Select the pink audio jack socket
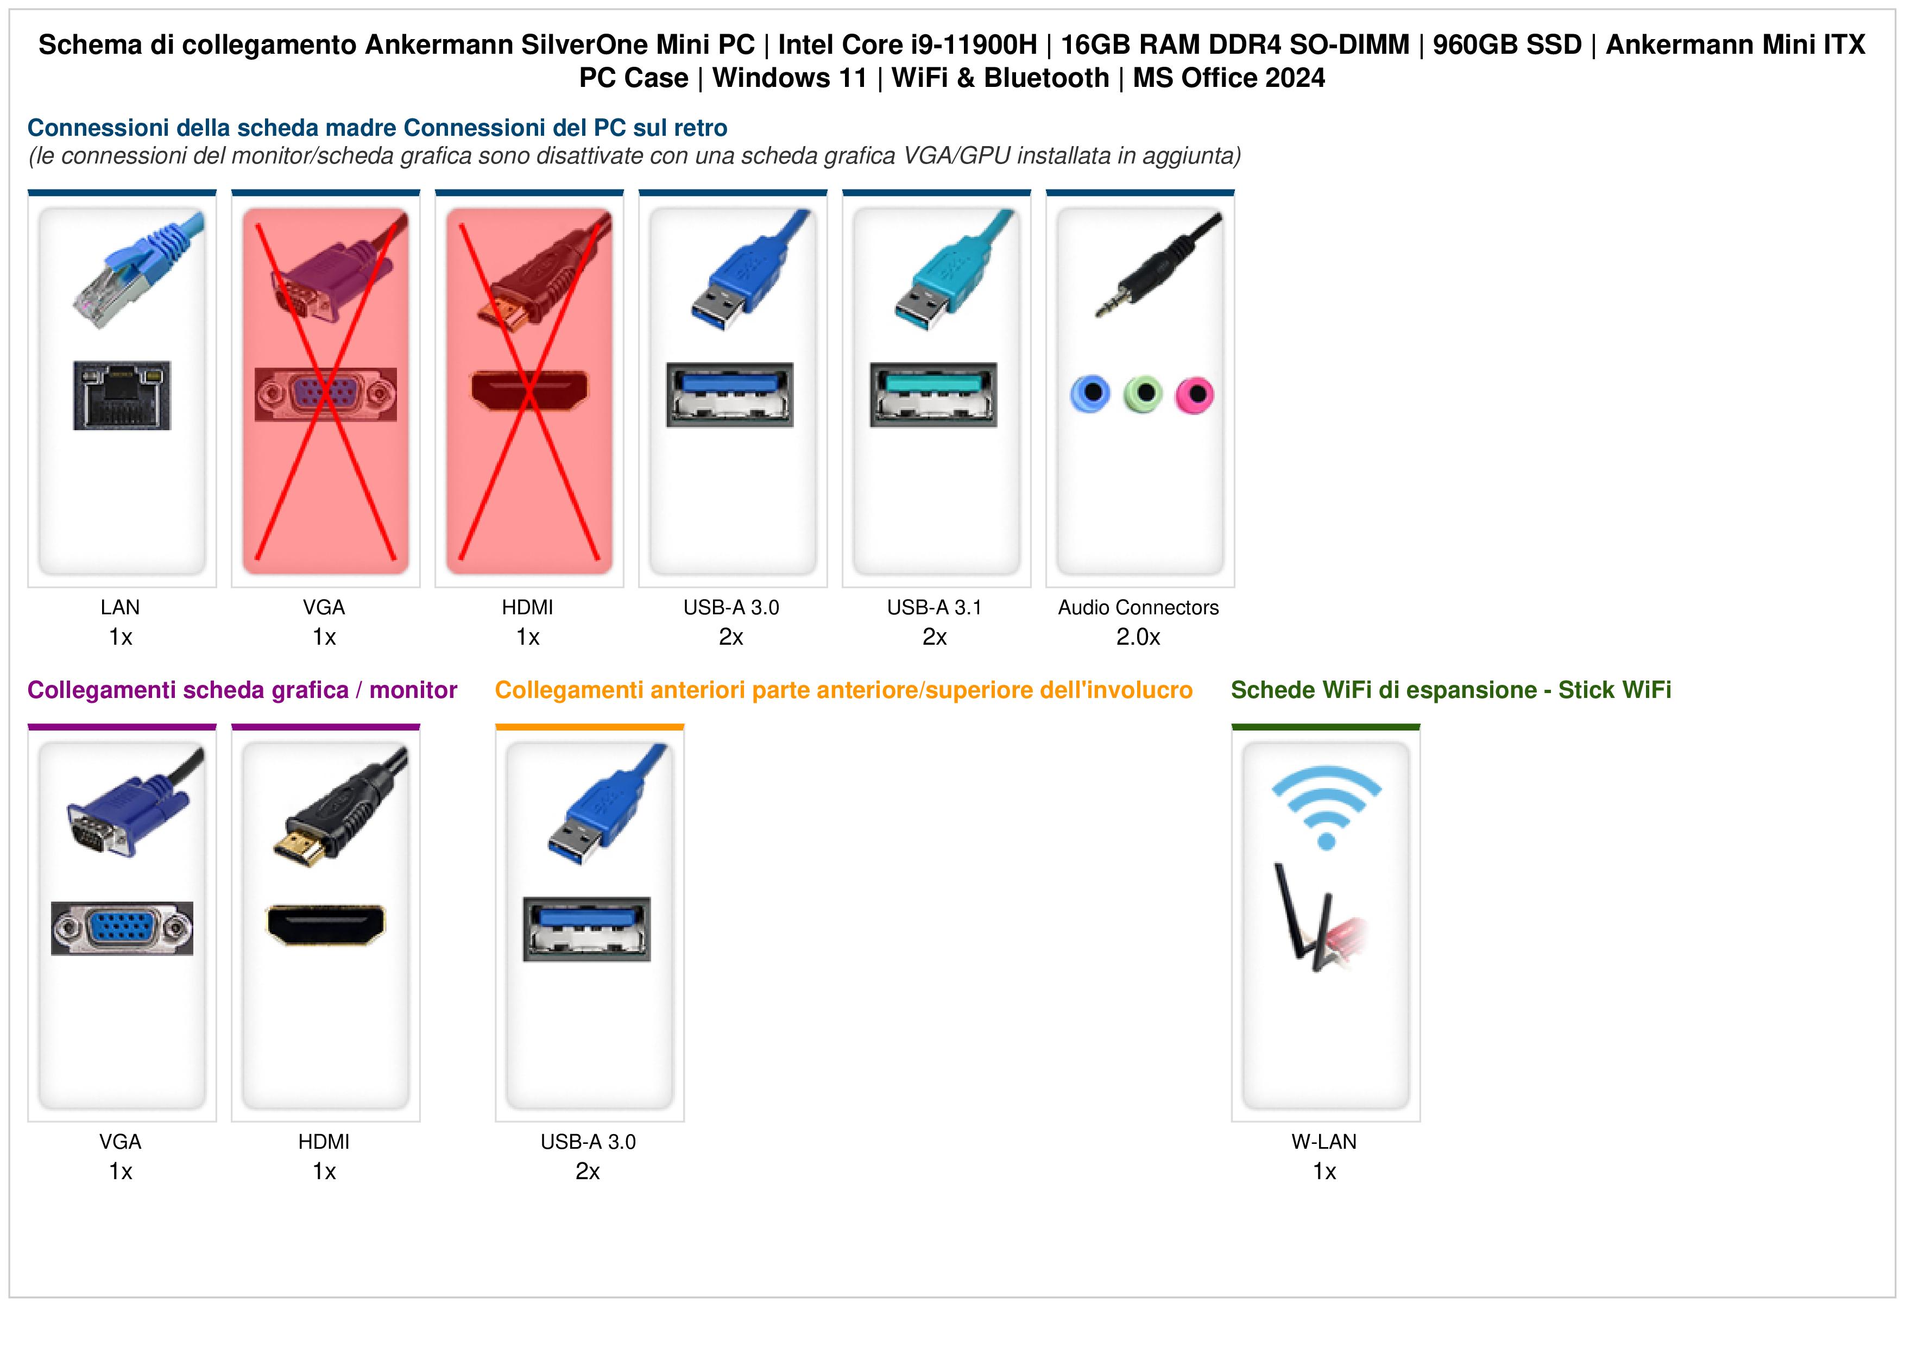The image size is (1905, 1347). pyautogui.click(x=1195, y=394)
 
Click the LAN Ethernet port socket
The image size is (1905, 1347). pyautogui.click(x=122, y=395)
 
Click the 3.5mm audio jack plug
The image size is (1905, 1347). pyautogui.click(x=1157, y=266)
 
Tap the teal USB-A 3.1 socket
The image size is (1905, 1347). pyautogui.click(x=933, y=395)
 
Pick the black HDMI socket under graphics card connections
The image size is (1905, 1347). pyautogui.click(x=325, y=924)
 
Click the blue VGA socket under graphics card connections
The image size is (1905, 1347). pyautogui.click(x=122, y=928)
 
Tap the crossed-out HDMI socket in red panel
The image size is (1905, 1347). pyautogui.click(x=529, y=390)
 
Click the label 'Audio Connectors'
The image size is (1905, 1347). pyautogui.click(x=1138, y=608)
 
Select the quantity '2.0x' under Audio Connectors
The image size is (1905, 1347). pyautogui.click(x=1138, y=638)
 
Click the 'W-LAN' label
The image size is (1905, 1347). pyautogui.click(x=1324, y=1142)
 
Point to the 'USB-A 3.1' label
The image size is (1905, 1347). pyautogui.click(x=934, y=608)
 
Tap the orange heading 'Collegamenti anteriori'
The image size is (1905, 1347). pyautogui.click(x=621, y=690)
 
